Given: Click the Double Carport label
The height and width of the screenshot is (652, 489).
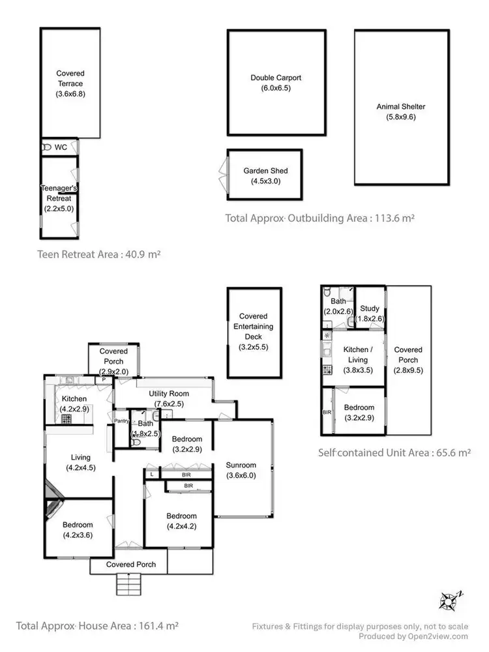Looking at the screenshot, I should pos(276,78).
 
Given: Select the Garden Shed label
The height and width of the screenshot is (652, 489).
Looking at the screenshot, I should pos(265,171).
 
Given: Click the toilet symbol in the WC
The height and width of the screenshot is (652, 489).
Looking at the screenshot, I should pos(46,147).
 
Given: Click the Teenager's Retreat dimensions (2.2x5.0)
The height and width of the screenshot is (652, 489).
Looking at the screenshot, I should pos(59,208).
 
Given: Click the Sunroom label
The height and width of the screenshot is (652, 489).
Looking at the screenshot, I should pos(241,465).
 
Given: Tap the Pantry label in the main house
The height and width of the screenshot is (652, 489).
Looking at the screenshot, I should pos(122,421).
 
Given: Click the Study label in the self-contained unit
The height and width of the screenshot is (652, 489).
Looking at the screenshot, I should pos(369,308).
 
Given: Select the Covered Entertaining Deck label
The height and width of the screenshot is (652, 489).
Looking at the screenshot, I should pos(254,326).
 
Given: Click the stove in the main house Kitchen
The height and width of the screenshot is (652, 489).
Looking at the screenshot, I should pos(67,419).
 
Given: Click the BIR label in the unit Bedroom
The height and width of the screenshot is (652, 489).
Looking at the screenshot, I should pos(327,412).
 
